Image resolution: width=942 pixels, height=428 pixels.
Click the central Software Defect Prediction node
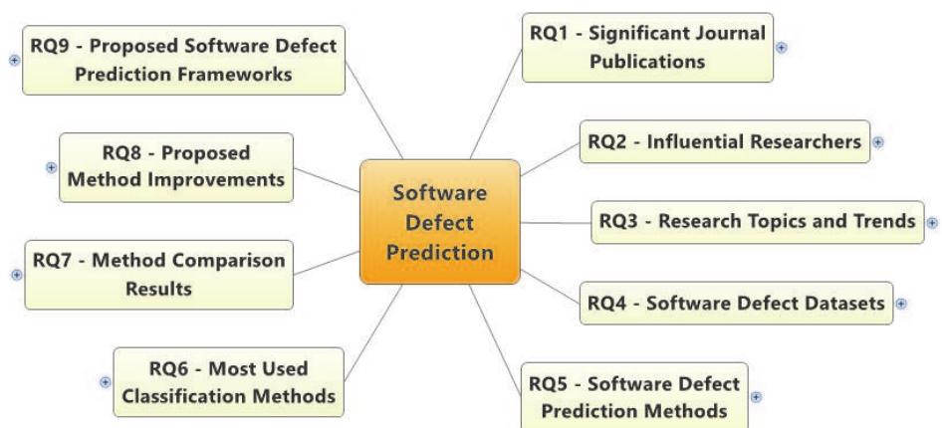440,222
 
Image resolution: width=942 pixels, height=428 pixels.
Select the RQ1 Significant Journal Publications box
647,47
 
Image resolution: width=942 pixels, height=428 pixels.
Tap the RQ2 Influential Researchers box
725,142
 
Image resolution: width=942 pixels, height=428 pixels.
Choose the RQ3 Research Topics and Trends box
758,222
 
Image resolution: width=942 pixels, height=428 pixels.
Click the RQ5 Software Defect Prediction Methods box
634,396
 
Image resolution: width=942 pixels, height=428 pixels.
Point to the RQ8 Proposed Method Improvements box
176,167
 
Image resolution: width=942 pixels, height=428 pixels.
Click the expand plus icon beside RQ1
782,47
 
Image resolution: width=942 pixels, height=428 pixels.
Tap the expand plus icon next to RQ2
877,142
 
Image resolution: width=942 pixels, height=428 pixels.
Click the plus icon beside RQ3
932,222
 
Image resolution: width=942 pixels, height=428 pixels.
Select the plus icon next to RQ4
900,303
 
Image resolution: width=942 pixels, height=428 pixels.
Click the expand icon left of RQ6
106,381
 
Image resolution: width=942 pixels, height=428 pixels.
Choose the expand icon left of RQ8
51,167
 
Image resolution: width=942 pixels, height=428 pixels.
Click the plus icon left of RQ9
14,60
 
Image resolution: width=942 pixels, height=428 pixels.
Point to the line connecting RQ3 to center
556,222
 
